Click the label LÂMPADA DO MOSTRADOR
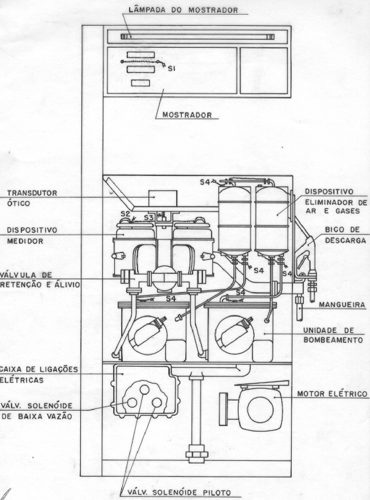[x=183, y=10]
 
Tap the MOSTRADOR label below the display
[x=187, y=115]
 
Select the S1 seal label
[x=171, y=68]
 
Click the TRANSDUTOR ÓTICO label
[x=32, y=198]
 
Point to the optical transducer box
[x=163, y=198]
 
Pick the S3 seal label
[x=149, y=218]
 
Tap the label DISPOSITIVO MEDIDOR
[x=32, y=236]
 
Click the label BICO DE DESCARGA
[x=345, y=235]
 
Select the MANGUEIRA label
[x=342, y=305]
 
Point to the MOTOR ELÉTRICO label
[x=332, y=393]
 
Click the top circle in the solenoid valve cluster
[x=144, y=389]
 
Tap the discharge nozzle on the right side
[x=306, y=259]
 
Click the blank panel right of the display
[x=264, y=71]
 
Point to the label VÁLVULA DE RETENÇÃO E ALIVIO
[x=40, y=280]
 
